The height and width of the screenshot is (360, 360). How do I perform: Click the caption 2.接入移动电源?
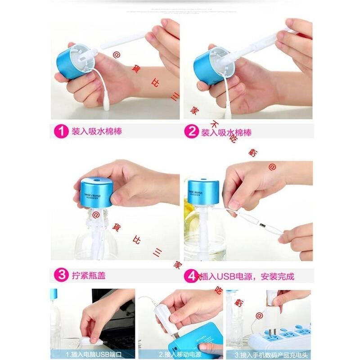(x=180, y=354)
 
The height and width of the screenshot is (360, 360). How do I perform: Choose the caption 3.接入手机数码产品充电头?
(x=270, y=354)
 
